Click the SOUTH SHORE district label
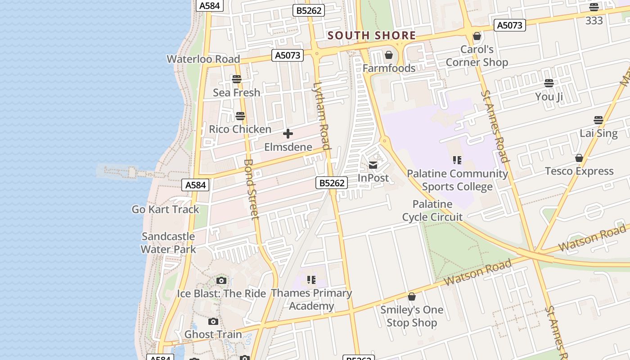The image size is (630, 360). [x=371, y=36]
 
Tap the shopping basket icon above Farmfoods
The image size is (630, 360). [x=389, y=55]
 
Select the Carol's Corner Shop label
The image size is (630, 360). [x=477, y=56]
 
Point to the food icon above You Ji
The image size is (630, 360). [x=549, y=83]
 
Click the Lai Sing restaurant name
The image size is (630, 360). [x=598, y=133]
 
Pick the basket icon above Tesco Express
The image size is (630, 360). [x=579, y=158]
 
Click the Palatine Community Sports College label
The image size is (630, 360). [x=457, y=180]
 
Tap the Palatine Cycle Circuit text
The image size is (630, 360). [x=432, y=211]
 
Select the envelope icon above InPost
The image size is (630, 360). [x=373, y=165]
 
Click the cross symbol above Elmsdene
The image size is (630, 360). [x=288, y=134]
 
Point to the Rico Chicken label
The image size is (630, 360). [x=240, y=130]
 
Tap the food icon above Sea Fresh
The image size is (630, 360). [x=237, y=80]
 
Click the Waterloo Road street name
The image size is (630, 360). [x=203, y=59]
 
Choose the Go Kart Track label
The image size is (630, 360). [x=165, y=209]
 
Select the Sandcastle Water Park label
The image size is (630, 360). [x=168, y=243]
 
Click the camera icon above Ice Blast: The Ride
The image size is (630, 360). [x=221, y=281]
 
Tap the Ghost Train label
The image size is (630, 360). [x=213, y=334]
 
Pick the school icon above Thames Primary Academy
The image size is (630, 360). [x=311, y=280]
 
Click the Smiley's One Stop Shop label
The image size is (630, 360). [x=412, y=316]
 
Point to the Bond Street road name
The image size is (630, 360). [x=251, y=189]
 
